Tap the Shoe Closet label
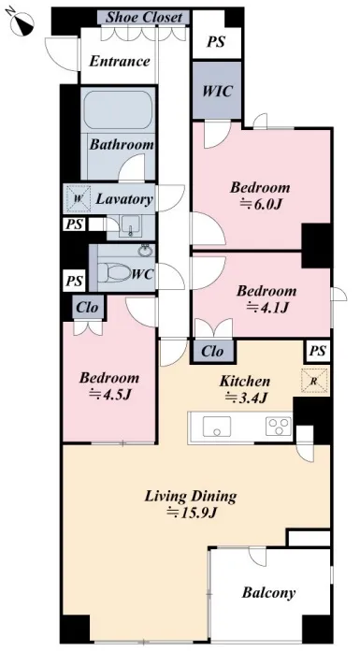144,18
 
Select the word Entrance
120,62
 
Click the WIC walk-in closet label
217,91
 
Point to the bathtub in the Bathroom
119,109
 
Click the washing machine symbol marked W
79,198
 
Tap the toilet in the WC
115,273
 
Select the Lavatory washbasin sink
132,226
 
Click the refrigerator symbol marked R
314,380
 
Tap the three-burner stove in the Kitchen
278,426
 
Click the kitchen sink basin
217,426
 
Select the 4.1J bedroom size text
267,308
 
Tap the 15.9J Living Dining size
192,513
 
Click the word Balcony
268,592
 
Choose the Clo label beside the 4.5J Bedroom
88,307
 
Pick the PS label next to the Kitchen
318,352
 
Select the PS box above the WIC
216,41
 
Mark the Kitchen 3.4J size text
247,398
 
